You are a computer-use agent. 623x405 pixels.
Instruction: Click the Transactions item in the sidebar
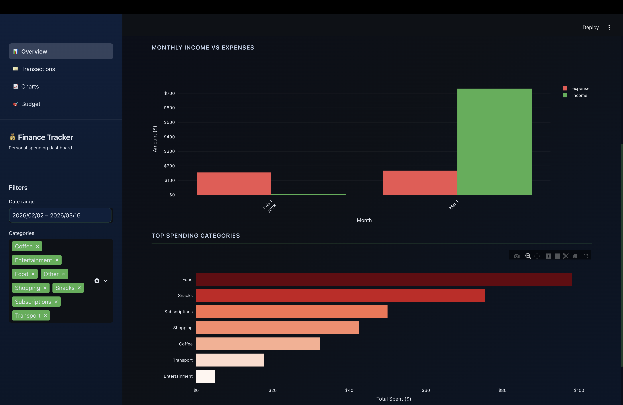pyautogui.click(x=38, y=69)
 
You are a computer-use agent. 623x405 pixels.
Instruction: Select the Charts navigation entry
pyautogui.click(x=30, y=87)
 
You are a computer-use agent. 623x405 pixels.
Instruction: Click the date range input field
pyautogui.click(x=60, y=215)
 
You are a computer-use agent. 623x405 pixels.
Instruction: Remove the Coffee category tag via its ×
pyautogui.click(x=37, y=246)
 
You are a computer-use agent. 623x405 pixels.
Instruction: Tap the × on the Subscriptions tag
pyautogui.click(x=56, y=302)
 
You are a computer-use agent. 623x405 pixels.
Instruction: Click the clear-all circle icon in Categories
pyautogui.click(x=97, y=281)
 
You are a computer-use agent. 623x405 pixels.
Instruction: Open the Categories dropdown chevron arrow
pyautogui.click(x=106, y=281)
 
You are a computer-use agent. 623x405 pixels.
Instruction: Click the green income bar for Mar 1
pyautogui.click(x=494, y=141)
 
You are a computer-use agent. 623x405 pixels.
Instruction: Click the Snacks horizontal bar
pyautogui.click(x=340, y=295)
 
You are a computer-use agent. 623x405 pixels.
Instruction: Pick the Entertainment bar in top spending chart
pyautogui.click(x=205, y=376)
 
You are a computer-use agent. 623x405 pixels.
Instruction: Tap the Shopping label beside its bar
pyautogui.click(x=183, y=328)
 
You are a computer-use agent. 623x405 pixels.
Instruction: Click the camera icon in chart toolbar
pyautogui.click(x=516, y=256)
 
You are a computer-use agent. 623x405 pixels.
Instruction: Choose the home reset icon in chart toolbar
pyautogui.click(x=575, y=256)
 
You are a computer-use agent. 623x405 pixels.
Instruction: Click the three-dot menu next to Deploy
pyautogui.click(x=609, y=27)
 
